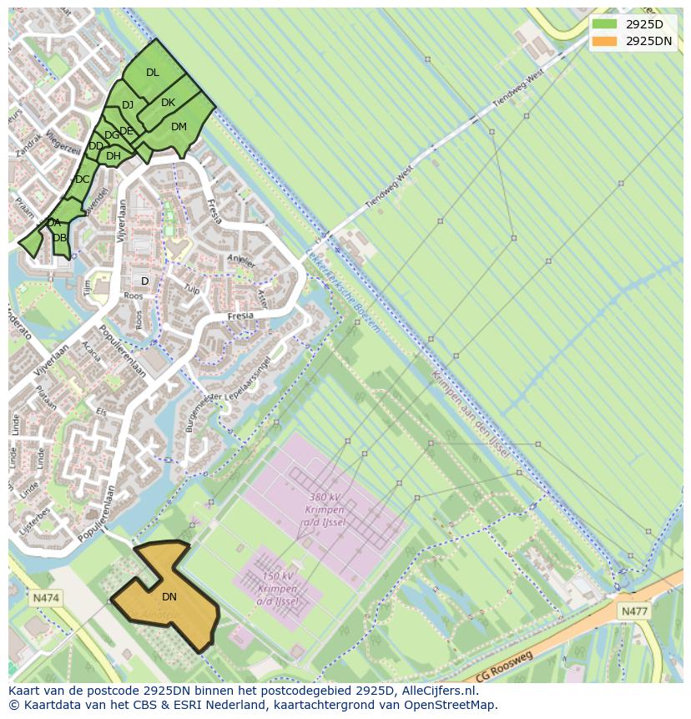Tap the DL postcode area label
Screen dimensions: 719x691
(152, 73)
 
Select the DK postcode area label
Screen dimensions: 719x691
(168, 103)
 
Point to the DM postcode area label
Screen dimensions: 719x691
(179, 127)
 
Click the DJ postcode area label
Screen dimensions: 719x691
(128, 105)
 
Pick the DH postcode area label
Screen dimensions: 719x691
(113, 156)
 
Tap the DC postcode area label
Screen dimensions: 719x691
(82, 180)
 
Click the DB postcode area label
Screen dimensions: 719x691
(59, 238)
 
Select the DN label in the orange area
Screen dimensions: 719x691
(169, 597)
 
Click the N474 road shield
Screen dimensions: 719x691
(46, 598)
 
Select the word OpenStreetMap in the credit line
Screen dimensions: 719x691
(450, 705)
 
